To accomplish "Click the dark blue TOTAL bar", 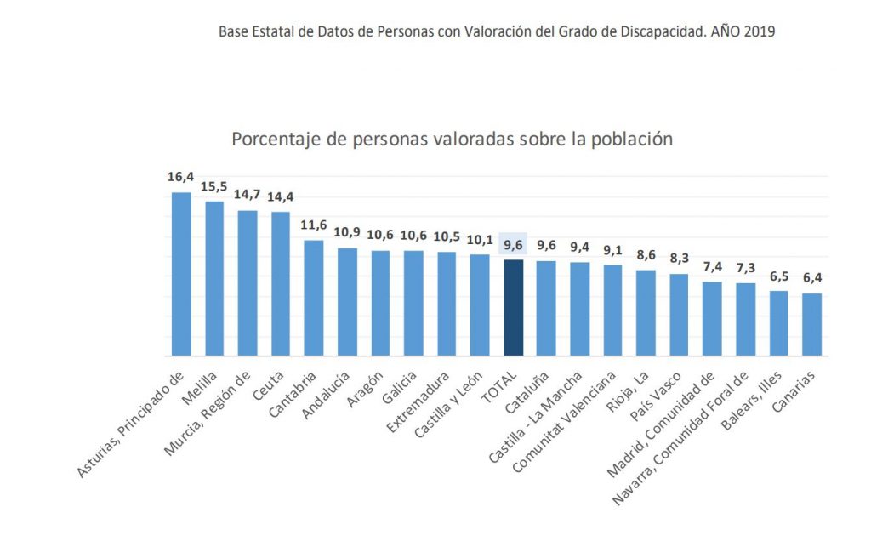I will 513,307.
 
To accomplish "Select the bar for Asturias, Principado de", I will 181,274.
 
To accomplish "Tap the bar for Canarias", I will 811,324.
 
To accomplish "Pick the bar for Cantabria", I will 314,298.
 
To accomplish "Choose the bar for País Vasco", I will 679,315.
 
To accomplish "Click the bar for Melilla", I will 214,278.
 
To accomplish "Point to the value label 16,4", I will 181,177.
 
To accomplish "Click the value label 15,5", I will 214,186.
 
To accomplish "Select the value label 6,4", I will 811,278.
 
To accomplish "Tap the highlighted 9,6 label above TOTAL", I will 513,245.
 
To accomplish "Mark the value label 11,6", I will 314,225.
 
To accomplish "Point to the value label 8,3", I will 679,259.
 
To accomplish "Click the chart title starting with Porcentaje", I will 452,139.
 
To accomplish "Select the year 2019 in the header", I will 759,32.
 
